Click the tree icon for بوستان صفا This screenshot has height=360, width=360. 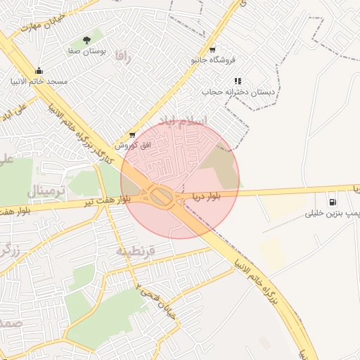(86, 40)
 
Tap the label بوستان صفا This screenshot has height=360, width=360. (86, 51)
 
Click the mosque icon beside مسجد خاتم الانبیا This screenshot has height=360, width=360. (39, 70)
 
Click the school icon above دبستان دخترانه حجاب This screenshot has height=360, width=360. (238, 81)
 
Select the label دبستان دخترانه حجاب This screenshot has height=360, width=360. (239, 92)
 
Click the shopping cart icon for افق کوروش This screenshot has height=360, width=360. (131, 134)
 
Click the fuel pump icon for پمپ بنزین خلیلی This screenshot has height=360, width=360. (331, 202)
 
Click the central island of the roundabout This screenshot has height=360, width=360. (162, 196)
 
